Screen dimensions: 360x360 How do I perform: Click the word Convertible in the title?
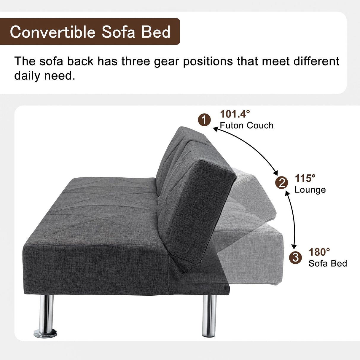click(52, 32)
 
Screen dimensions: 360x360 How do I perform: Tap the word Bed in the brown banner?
click(156, 32)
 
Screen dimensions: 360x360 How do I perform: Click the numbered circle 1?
click(204, 120)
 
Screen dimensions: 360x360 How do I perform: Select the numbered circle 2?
click(281, 183)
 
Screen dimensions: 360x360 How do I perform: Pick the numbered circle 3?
click(295, 257)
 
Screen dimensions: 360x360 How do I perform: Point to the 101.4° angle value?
click(235, 114)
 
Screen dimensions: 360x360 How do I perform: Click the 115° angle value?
click(305, 178)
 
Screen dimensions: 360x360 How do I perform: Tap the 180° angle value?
click(319, 252)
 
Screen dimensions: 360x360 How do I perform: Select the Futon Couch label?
click(246, 125)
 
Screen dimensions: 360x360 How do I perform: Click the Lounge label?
click(310, 190)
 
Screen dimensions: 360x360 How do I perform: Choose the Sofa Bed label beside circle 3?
click(328, 263)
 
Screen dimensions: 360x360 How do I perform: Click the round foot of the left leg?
click(45, 334)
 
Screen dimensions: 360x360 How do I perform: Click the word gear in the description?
click(167, 61)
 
